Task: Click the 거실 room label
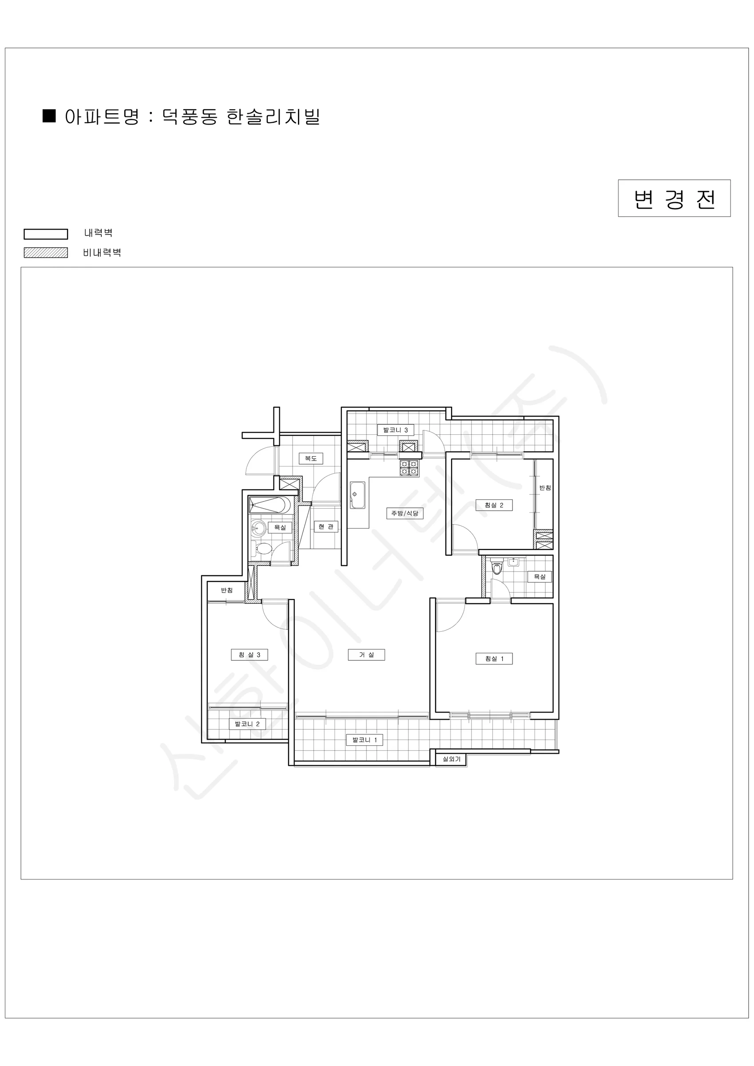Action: click(x=366, y=655)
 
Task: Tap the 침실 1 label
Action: click(x=494, y=658)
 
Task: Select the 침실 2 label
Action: click(x=494, y=505)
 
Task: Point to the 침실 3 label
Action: click(x=250, y=655)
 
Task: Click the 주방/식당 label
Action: click(x=405, y=513)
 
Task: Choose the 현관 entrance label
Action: click(x=326, y=526)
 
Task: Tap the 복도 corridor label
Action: click(x=310, y=458)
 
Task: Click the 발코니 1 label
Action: click(x=365, y=740)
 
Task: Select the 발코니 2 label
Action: click(x=247, y=724)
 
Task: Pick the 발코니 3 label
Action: click(x=396, y=430)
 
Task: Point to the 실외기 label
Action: click(x=451, y=759)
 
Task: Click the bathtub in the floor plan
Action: click(x=270, y=505)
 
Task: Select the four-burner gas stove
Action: click(x=409, y=468)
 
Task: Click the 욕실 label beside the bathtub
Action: click(x=280, y=527)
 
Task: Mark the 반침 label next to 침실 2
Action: click(x=545, y=488)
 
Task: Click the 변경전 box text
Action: click(x=674, y=199)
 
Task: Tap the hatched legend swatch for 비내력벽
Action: click(x=46, y=253)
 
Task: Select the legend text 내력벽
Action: click(x=99, y=233)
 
